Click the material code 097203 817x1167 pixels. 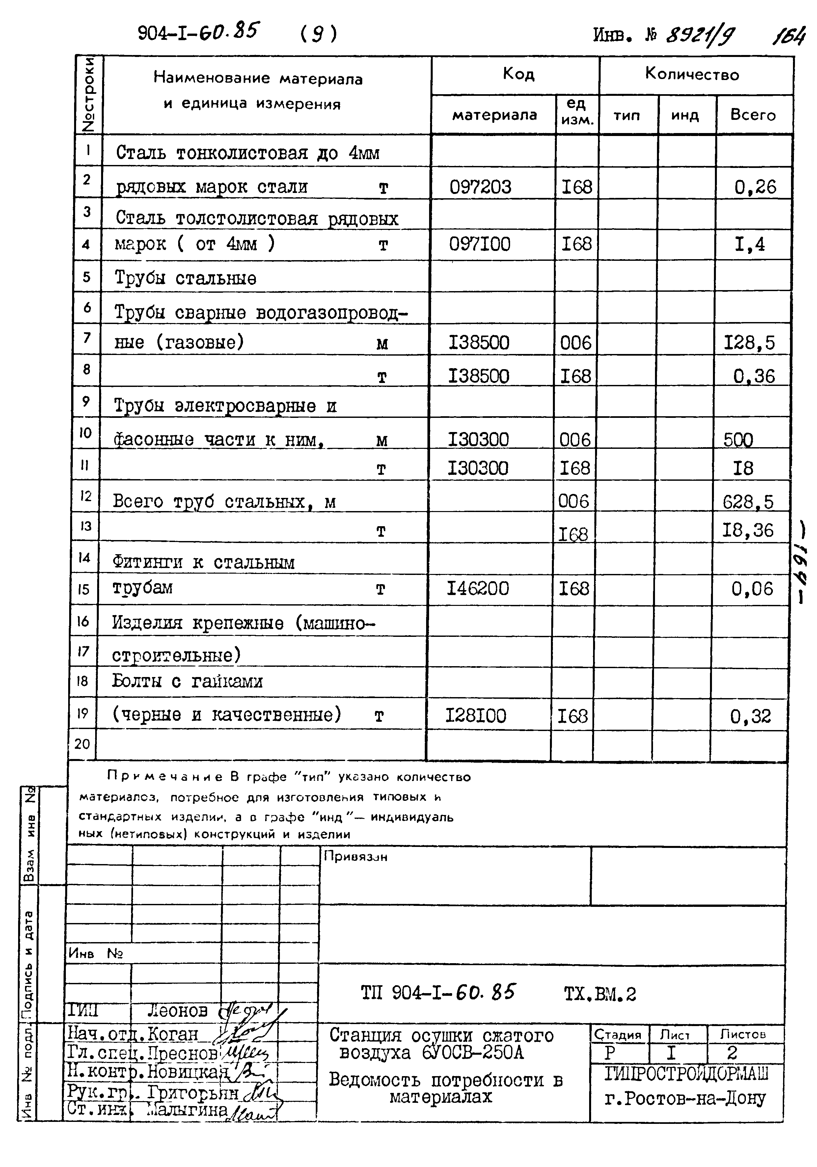tap(480, 187)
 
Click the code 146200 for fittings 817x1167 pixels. tap(477, 588)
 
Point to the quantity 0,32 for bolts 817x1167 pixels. tap(750, 717)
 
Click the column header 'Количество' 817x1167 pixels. tap(692, 75)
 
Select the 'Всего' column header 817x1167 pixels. tap(753, 115)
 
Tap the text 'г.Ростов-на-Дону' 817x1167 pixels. tap(685, 1099)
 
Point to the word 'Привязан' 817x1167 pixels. tap(356, 857)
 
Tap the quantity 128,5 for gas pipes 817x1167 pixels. tap(749, 342)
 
